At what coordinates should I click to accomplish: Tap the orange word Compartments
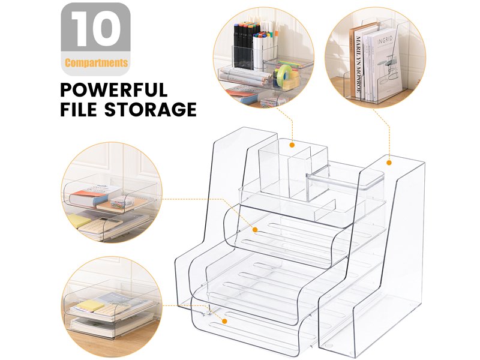[x=96, y=62]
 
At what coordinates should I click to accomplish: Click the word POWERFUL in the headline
[x=113, y=90]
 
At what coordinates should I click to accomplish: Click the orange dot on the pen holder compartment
[x=292, y=145]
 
